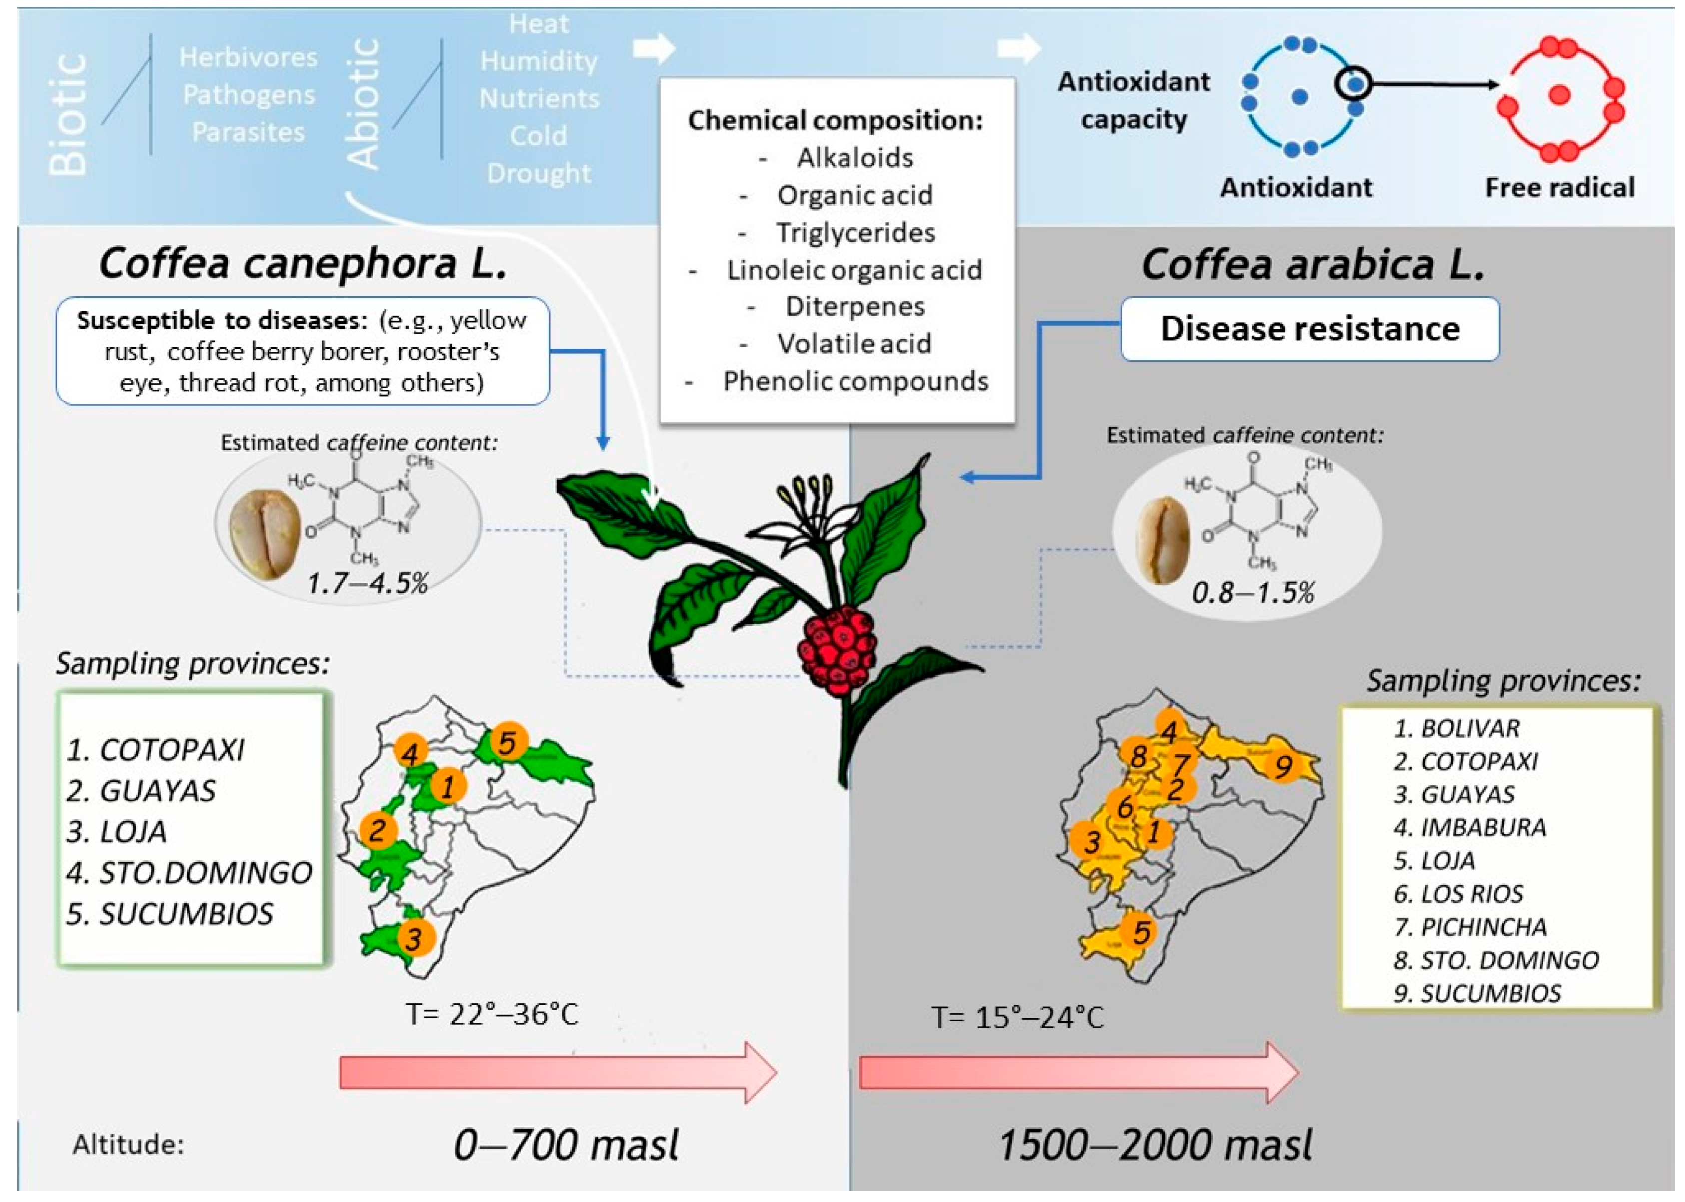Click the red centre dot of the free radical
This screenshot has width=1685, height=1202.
1559,95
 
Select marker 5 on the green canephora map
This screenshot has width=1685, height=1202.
507,742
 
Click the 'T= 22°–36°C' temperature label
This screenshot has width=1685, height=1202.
492,1014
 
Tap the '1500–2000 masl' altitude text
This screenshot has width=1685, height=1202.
1155,1144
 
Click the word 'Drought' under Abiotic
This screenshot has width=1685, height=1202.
539,173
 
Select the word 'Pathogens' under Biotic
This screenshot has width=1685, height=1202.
249,95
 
